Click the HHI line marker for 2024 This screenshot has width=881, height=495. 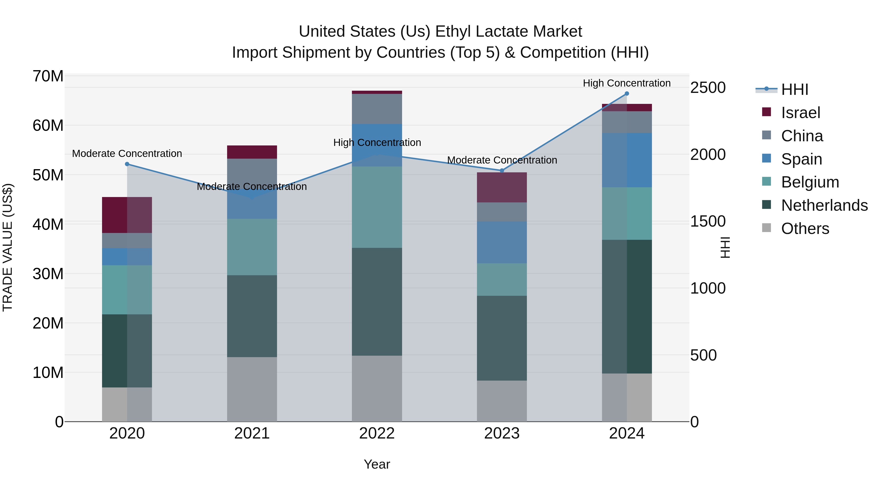[x=626, y=94]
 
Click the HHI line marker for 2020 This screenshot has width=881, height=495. [x=127, y=164]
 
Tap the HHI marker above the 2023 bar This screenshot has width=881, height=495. [x=502, y=170]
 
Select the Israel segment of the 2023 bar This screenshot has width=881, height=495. [x=502, y=187]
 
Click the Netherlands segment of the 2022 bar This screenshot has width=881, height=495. [x=377, y=302]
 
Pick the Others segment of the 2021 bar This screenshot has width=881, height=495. [x=252, y=389]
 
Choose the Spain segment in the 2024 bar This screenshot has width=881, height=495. [x=626, y=160]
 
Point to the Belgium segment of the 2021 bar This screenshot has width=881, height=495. [x=252, y=247]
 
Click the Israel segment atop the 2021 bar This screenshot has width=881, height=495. [x=252, y=152]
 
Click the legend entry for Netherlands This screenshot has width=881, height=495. [x=824, y=205]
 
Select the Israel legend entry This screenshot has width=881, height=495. [x=800, y=113]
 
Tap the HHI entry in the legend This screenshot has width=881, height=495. [x=794, y=89]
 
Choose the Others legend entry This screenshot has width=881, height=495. [x=805, y=229]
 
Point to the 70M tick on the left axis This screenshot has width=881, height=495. [x=48, y=76]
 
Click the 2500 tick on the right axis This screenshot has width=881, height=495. [x=707, y=88]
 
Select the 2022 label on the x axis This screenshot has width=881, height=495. [x=377, y=433]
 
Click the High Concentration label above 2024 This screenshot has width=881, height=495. [x=626, y=83]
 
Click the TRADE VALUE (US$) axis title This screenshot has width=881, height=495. [x=8, y=247]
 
